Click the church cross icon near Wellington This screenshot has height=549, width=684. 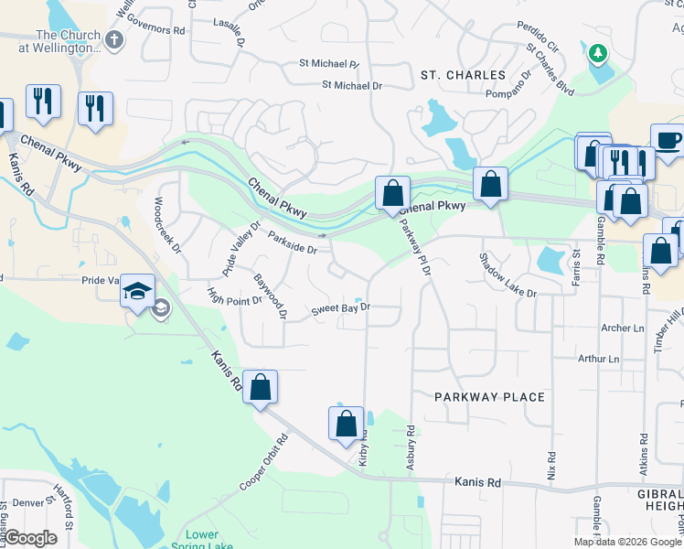[114, 39]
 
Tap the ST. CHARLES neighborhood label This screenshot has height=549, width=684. [463, 75]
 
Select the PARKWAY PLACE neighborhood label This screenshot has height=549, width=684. [489, 397]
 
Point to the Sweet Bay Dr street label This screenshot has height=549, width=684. [340, 308]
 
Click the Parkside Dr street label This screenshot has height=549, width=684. [293, 242]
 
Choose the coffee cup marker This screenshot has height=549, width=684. [666, 140]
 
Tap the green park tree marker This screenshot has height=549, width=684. [598, 53]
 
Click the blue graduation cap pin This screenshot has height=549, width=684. [138, 291]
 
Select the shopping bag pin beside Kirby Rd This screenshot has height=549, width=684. [346, 424]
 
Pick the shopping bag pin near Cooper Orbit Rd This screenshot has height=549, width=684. [261, 387]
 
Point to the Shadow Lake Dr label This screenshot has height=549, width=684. [508, 274]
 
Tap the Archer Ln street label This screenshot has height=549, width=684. [624, 328]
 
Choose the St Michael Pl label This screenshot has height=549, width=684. [329, 64]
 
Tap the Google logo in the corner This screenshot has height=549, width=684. [30, 538]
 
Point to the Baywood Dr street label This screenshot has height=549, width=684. [271, 296]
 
